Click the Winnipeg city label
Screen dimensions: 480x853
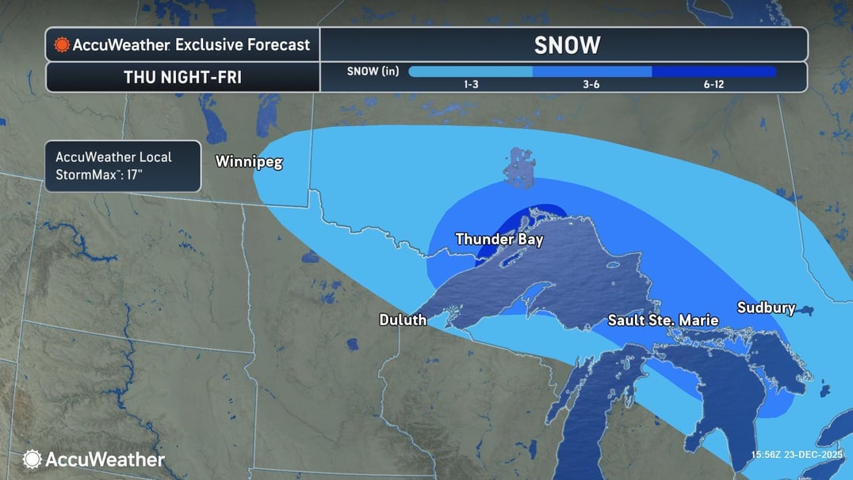coord(249,162)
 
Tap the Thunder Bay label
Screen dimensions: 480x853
coord(499,239)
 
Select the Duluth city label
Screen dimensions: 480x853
coord(403,320)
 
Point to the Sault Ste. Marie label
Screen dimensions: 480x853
coord(663,321)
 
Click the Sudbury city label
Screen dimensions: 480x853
coord(766,308)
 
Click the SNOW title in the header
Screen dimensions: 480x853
coord(567,45)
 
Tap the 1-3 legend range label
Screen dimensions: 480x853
coord(469,84)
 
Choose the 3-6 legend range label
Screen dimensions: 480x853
coord(591,84)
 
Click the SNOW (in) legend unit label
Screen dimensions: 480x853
coord(373,71)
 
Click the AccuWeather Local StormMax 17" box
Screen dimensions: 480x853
coord(123,167)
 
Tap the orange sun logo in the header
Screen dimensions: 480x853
coord(61,45)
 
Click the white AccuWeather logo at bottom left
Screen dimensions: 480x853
coord(94,459)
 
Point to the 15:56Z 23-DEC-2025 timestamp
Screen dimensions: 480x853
coord(798,455)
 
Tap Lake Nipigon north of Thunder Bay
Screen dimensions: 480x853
coord(520,167)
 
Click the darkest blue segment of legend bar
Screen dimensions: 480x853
coord(713,71)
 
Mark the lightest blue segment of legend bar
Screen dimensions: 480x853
coord(469,71)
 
